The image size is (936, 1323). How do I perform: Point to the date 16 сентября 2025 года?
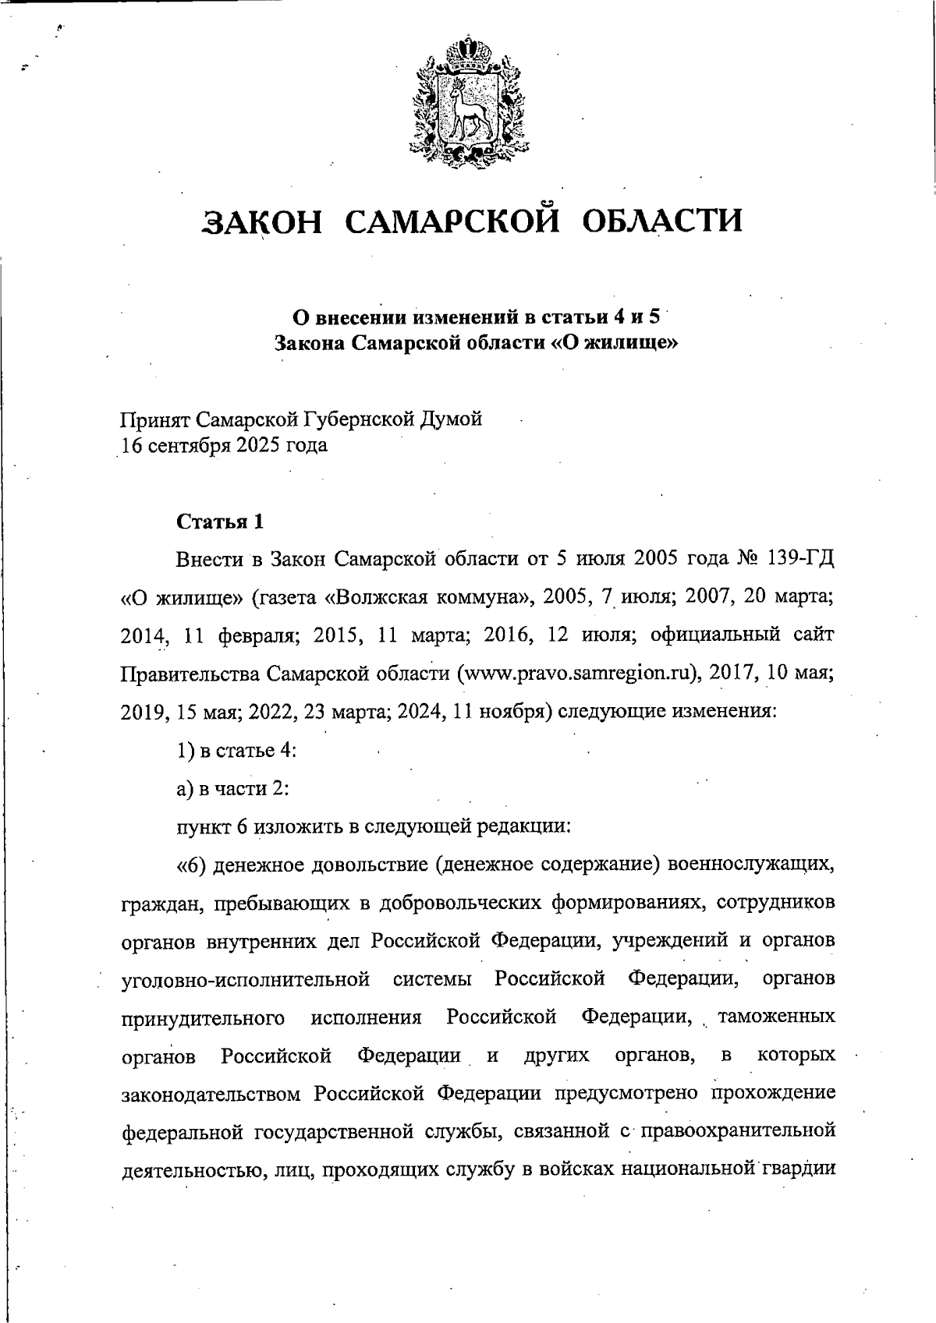pyautogui.click(x=223, y=446)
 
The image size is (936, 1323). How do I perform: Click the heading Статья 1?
pyautogui.click(x=220, y=522)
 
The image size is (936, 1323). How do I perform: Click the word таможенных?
pyautogui.click(x=775, y=1017)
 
